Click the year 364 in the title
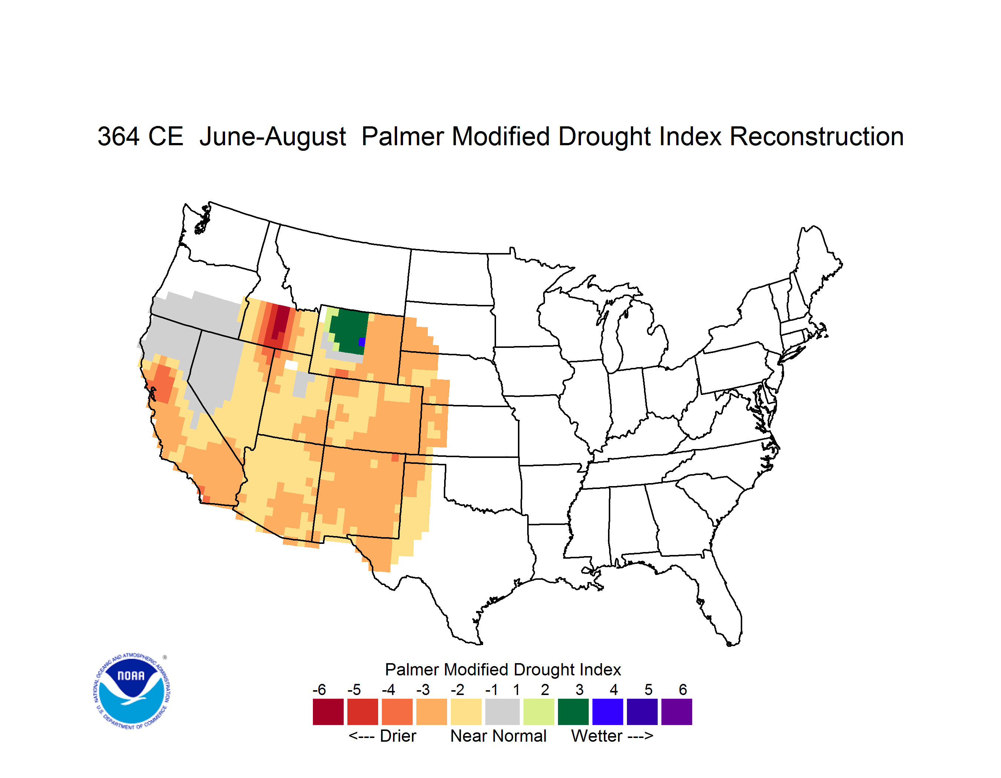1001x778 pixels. pyautogui.click(x=118, y=136)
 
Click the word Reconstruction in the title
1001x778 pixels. pyautogui.click(x=816, y=136)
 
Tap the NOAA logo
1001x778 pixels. pyautogui.click(x=132, y=691)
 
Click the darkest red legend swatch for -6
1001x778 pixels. pyautogui.click(x=328, y=712)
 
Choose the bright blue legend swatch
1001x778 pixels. pyautogui.click(x=608, y=712)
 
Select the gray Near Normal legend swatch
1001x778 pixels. pyautogui.click(x=502, y=712)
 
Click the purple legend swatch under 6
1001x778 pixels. pyautogui.click(x=677, y=712)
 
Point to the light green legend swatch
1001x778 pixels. pyautogui.click(x=539, y=712)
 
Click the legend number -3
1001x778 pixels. pyautogui.click(x=423, y=689)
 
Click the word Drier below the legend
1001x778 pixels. pyautogui.click(x=398, y=736)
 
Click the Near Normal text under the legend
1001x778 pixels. pyautogui.click(x=498, y=736)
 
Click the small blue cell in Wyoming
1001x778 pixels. pyautogui.click(x=361, y=342)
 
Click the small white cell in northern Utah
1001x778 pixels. pyautogui.click(x=291, y=365)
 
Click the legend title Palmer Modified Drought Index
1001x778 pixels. pyautogui.click(x=503, y=669)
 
